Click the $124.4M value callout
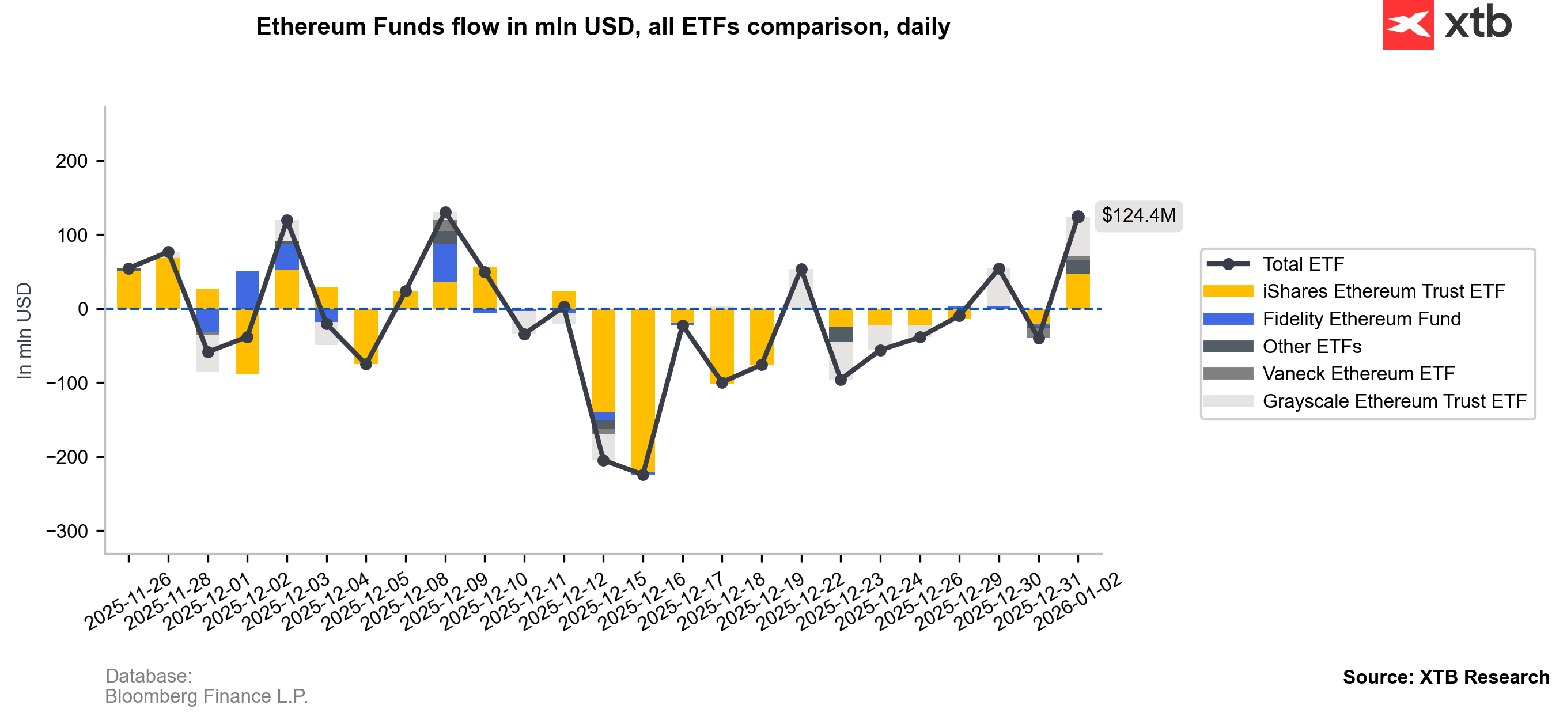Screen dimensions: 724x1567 click(x=1138, y=215)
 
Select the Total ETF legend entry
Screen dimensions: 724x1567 click(x=1303, y=264)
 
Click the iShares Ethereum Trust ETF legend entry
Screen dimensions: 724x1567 click(x=1383, y=291)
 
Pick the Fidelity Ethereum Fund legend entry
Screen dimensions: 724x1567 click(x=1361, y=319)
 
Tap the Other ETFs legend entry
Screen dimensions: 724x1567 click(x=1312, y=346)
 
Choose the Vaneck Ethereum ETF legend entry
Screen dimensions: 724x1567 click(x=1358, y=374)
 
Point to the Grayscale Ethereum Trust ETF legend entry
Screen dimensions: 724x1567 click(x=1394, y=401)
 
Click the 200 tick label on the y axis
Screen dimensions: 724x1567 click(x=72, y=161)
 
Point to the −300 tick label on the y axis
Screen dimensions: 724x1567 click(x=67, y=531)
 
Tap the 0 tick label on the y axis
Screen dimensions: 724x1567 click(x=83, y=309)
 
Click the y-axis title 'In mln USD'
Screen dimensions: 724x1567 click(x=24, y=331)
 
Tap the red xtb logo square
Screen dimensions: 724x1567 click(x=1407, y=25)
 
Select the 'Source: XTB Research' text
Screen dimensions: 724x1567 click(x=1445, y=677)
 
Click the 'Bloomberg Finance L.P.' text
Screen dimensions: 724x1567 click(x=206, y=696)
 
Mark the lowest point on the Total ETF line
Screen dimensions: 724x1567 click(x=643, y=475)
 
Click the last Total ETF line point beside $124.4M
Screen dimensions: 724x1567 click(x=1078, y=217)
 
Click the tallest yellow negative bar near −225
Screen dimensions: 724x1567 click(x=643, y=389)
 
